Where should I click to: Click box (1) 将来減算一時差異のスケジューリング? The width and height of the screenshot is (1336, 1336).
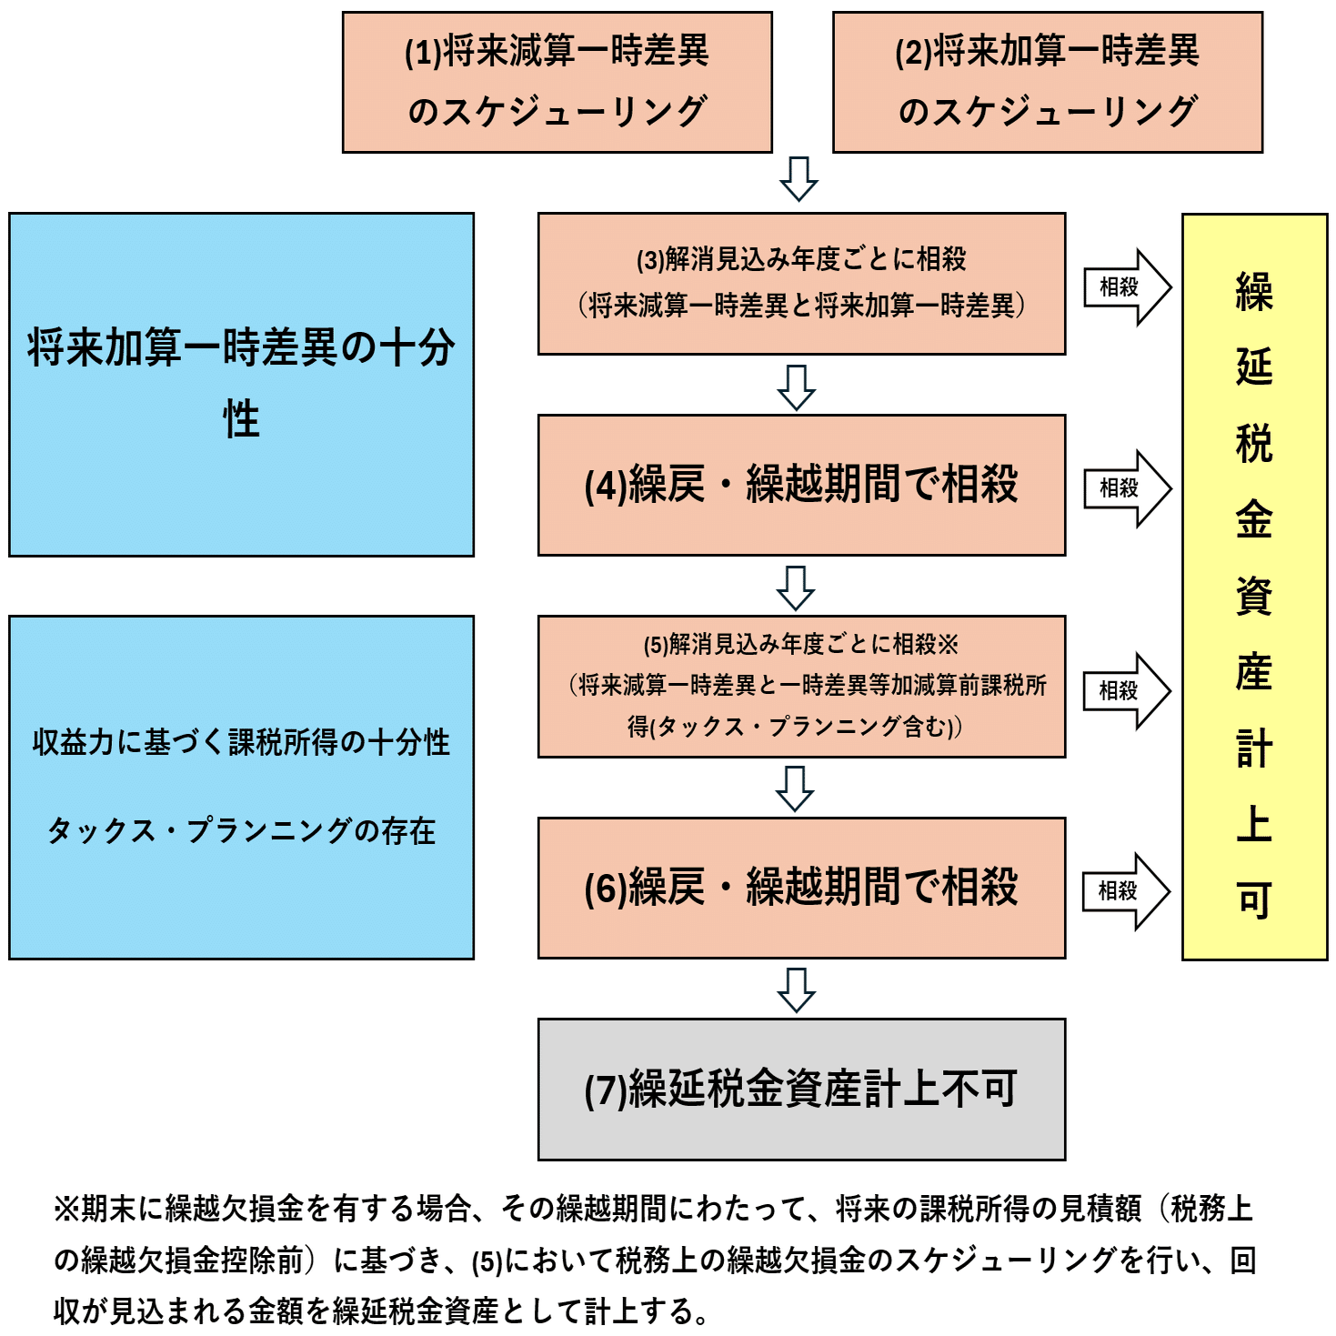(x=557, y=82)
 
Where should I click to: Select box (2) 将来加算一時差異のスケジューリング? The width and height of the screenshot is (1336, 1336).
(x=1048, y=82)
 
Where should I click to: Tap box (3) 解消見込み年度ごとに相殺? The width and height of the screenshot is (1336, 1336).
(x=801, y=284)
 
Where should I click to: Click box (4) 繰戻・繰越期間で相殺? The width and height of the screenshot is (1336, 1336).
(x=801, y=485)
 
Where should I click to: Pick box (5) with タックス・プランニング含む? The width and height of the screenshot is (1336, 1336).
(x=801, y=687)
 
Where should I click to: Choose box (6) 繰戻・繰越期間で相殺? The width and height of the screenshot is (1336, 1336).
(x=801, y=888)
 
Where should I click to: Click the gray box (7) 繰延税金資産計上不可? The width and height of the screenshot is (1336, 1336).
(x=801, y=1089)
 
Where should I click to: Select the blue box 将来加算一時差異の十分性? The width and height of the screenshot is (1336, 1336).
(x=241, y=384)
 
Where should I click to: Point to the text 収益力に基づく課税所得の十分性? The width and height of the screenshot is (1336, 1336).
(x=241, y=742)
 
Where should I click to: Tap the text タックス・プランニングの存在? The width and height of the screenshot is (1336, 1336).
(x=241, y=830)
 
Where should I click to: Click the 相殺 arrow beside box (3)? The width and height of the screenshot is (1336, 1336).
(x=1126, y=287)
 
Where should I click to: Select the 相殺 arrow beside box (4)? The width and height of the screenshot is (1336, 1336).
(x=1126, y=488)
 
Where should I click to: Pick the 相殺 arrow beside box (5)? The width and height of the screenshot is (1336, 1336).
(x=1126, y=690)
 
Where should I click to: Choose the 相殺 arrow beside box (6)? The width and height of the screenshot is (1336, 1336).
(x=1125, y=891)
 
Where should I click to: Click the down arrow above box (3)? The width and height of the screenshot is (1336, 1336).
(x=799, y=178)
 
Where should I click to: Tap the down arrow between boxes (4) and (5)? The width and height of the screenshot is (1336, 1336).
(x=796, y=588)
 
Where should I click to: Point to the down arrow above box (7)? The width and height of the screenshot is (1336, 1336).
(x=797, y=989)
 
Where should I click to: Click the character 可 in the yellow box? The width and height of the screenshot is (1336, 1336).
(x=1254, y=900)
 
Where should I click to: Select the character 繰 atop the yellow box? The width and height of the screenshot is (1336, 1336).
(x=1254, y=292)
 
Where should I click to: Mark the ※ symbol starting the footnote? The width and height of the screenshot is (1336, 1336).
(x=67, y=1209)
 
